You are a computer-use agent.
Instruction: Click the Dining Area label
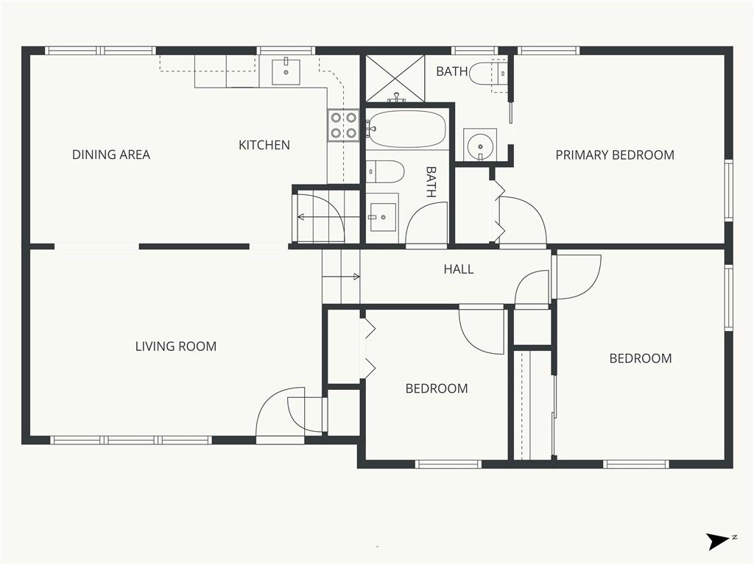coord(111,154)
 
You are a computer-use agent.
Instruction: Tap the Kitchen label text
coord(264,145)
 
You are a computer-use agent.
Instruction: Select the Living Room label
coord(176,347)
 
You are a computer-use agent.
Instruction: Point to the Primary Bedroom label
coord(615,155)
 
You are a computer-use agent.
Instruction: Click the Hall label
coord(458,269)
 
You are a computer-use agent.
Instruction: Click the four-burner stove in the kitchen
coord(343,125)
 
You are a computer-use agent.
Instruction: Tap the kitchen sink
coord(286,71)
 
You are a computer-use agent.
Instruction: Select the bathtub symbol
coord(406,129)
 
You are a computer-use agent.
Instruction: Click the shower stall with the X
coord(395,79)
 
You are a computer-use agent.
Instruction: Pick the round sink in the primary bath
coord(479,145)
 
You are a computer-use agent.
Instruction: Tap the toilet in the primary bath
coord(488,74)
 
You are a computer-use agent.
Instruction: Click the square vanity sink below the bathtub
coord(382,218)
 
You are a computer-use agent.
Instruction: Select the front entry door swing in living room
coord(280,413)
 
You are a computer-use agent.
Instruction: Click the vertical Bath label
coord(431,182)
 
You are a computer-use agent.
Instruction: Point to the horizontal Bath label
coord(452,71)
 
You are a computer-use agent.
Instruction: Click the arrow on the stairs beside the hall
coord(341,277)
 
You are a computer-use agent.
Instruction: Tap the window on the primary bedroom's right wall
coord(728,191)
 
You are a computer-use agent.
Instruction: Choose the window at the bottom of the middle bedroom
coord(448,464)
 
